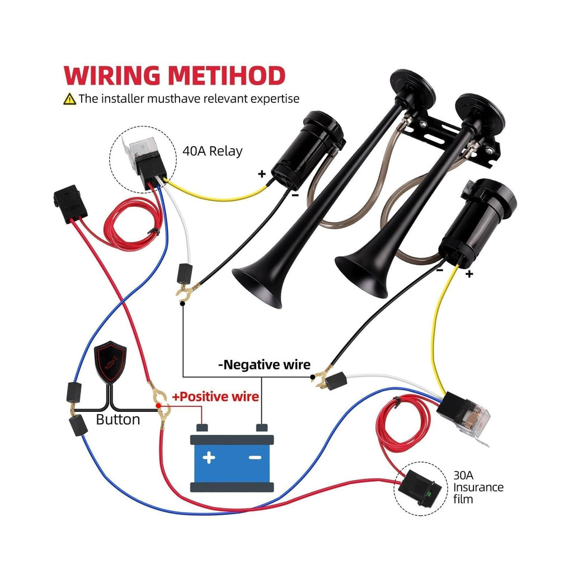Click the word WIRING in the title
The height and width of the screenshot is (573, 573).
pos(112,76)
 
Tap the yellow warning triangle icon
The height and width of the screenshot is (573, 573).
pos(69,99)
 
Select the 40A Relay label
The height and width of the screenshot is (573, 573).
pos(212,151)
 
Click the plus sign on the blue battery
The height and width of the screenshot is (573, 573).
pos(209,457)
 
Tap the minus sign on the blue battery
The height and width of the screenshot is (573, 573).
pos(255,457)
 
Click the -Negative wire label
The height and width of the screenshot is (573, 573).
pos(264,365)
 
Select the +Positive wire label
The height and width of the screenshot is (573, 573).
pos(215,397)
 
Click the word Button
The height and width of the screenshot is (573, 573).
pos(118,420)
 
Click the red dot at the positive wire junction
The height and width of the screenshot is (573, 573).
pos(158,406)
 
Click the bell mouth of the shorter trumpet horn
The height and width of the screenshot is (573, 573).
pos(362,276)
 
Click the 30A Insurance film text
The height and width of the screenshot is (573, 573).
pos(478,487)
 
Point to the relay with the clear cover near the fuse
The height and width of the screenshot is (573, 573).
pos(464,416)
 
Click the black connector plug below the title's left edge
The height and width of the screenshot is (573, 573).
pos(70,203)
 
